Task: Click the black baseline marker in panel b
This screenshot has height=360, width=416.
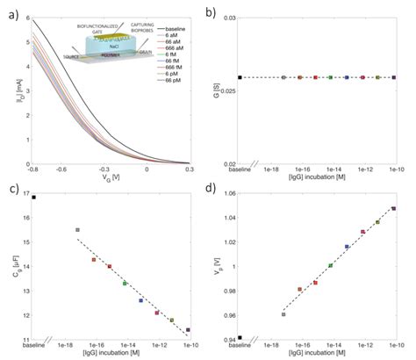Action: [x=240, y=77]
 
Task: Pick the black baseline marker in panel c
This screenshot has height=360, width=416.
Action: [x=34, y=198]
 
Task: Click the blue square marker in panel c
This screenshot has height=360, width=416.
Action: [x=140, y=300]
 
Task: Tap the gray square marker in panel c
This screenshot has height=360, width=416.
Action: [x=77, y=230]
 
